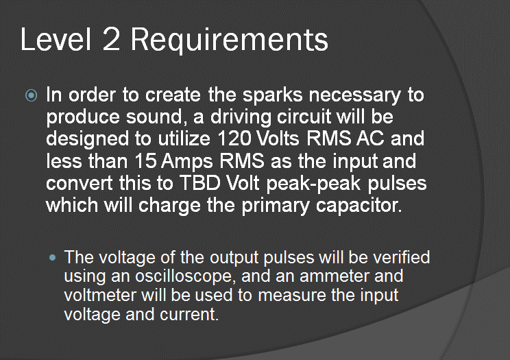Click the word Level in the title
[56, 39]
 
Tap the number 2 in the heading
[111, 39]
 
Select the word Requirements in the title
[230, 41]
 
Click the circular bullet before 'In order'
[32, 95]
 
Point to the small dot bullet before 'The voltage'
[52, 258]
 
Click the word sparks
[273, 95]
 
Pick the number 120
[234, 139]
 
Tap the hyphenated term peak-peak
[313, 184]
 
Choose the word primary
[275, 206]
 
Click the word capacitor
[359, 206]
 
